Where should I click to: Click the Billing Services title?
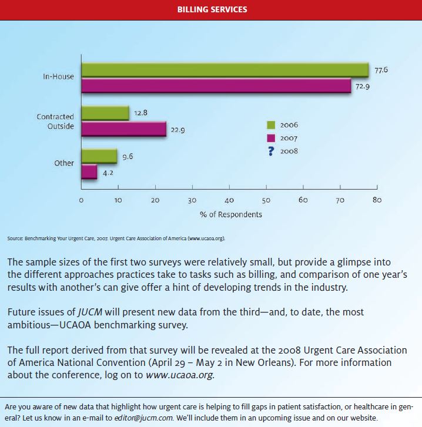point(212,9)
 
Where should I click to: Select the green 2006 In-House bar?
point(225,70)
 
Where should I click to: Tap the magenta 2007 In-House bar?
point(216,86)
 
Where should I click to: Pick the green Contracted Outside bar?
point(105,113)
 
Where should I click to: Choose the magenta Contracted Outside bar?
point(124,129)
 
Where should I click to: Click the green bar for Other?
point(99,156)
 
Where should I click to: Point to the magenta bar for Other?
point(89,172)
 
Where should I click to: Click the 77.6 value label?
point(381,70)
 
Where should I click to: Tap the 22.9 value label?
point(177,130)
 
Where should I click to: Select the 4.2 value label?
point(108,173)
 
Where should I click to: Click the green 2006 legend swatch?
point(271,125)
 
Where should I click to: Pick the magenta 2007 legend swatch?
point(271,138)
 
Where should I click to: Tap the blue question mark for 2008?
point(271,151)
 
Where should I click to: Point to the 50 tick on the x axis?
point(266,200)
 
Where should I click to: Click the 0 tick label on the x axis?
point(81,200)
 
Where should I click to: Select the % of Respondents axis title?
point(231,214)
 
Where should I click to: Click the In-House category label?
point(58,76)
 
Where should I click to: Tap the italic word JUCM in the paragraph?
point(90,312)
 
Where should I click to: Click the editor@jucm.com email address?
point(143,418)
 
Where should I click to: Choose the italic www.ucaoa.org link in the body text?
point(179,375)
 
